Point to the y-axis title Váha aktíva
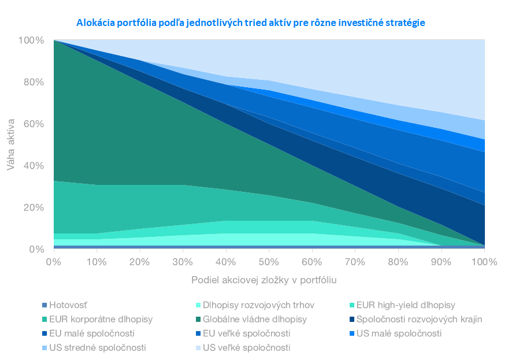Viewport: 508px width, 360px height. [11, 144]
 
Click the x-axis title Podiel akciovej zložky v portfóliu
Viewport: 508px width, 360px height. [264, 280]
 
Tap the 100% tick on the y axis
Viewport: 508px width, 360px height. [31, 40]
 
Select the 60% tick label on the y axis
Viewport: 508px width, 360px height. [34, 124]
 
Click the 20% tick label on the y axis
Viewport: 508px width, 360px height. [34, 207]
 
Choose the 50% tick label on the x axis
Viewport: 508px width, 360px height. [269, 262]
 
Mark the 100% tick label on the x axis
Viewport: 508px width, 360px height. [484, 262]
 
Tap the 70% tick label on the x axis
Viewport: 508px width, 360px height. [355, 262]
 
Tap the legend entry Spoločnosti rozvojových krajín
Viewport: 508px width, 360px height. [416, 319]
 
